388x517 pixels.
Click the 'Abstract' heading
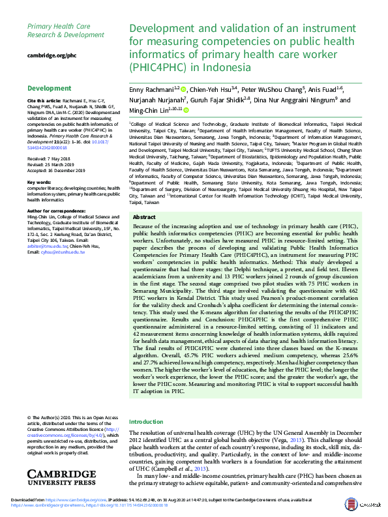click(x=144, y=217)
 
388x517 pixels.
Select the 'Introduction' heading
click(x=147, y=422)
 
